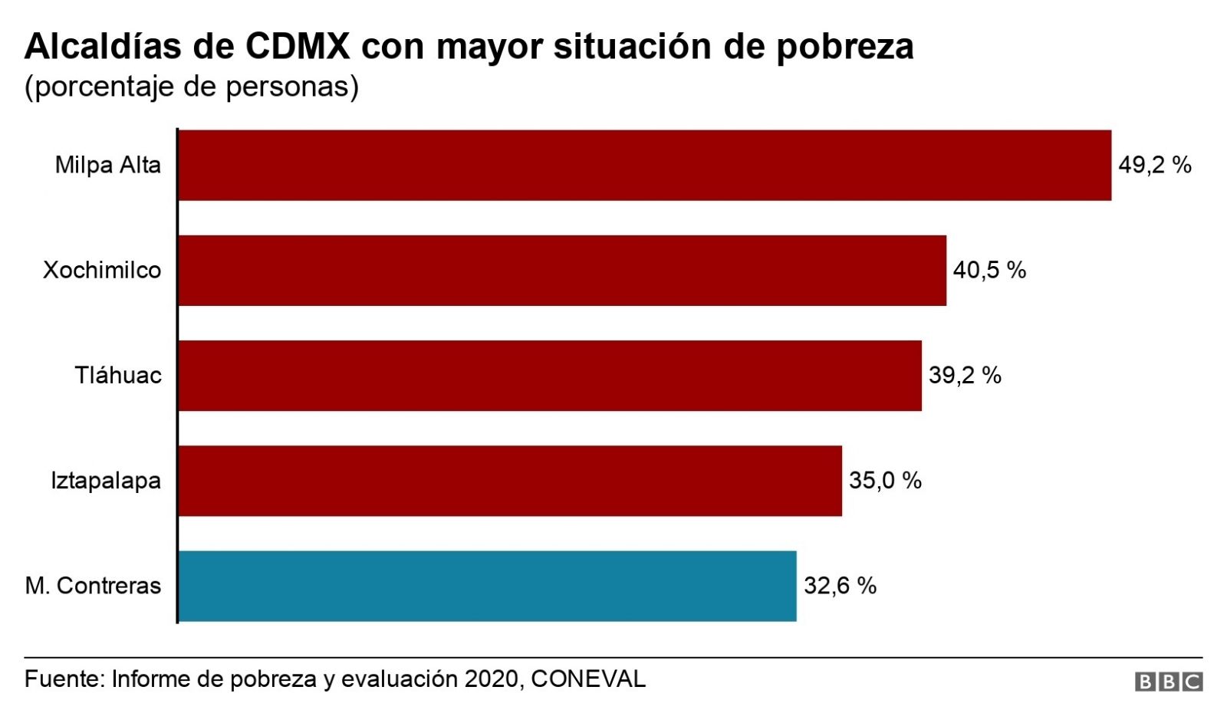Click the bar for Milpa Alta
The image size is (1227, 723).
coord(644,166)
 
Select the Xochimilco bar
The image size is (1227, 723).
coord(562,271)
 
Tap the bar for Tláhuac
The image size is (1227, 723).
coord(550,376)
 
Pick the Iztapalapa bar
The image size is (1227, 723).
coord(510,481)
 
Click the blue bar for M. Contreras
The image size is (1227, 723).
coord(487,586)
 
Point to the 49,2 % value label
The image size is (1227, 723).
coord(1154,166)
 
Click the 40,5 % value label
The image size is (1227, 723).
coord(989,271)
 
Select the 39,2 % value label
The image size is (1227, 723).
coord(965,376)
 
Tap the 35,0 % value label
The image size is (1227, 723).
coord(885,481)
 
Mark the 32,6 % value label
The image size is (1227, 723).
coord(840,586)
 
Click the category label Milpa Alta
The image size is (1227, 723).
coord(108,166)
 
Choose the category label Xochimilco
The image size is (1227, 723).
coord(102,271)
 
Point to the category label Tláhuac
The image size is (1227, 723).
coord(118,376)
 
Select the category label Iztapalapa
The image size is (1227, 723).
coord(106,481)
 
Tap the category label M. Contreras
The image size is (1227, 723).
coord(93,586)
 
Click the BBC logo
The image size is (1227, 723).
coord(1169,682)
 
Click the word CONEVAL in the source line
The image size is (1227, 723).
coord(588,679)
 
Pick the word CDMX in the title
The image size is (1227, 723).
coord(298,47)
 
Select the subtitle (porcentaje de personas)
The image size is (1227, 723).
coord(192,87)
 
